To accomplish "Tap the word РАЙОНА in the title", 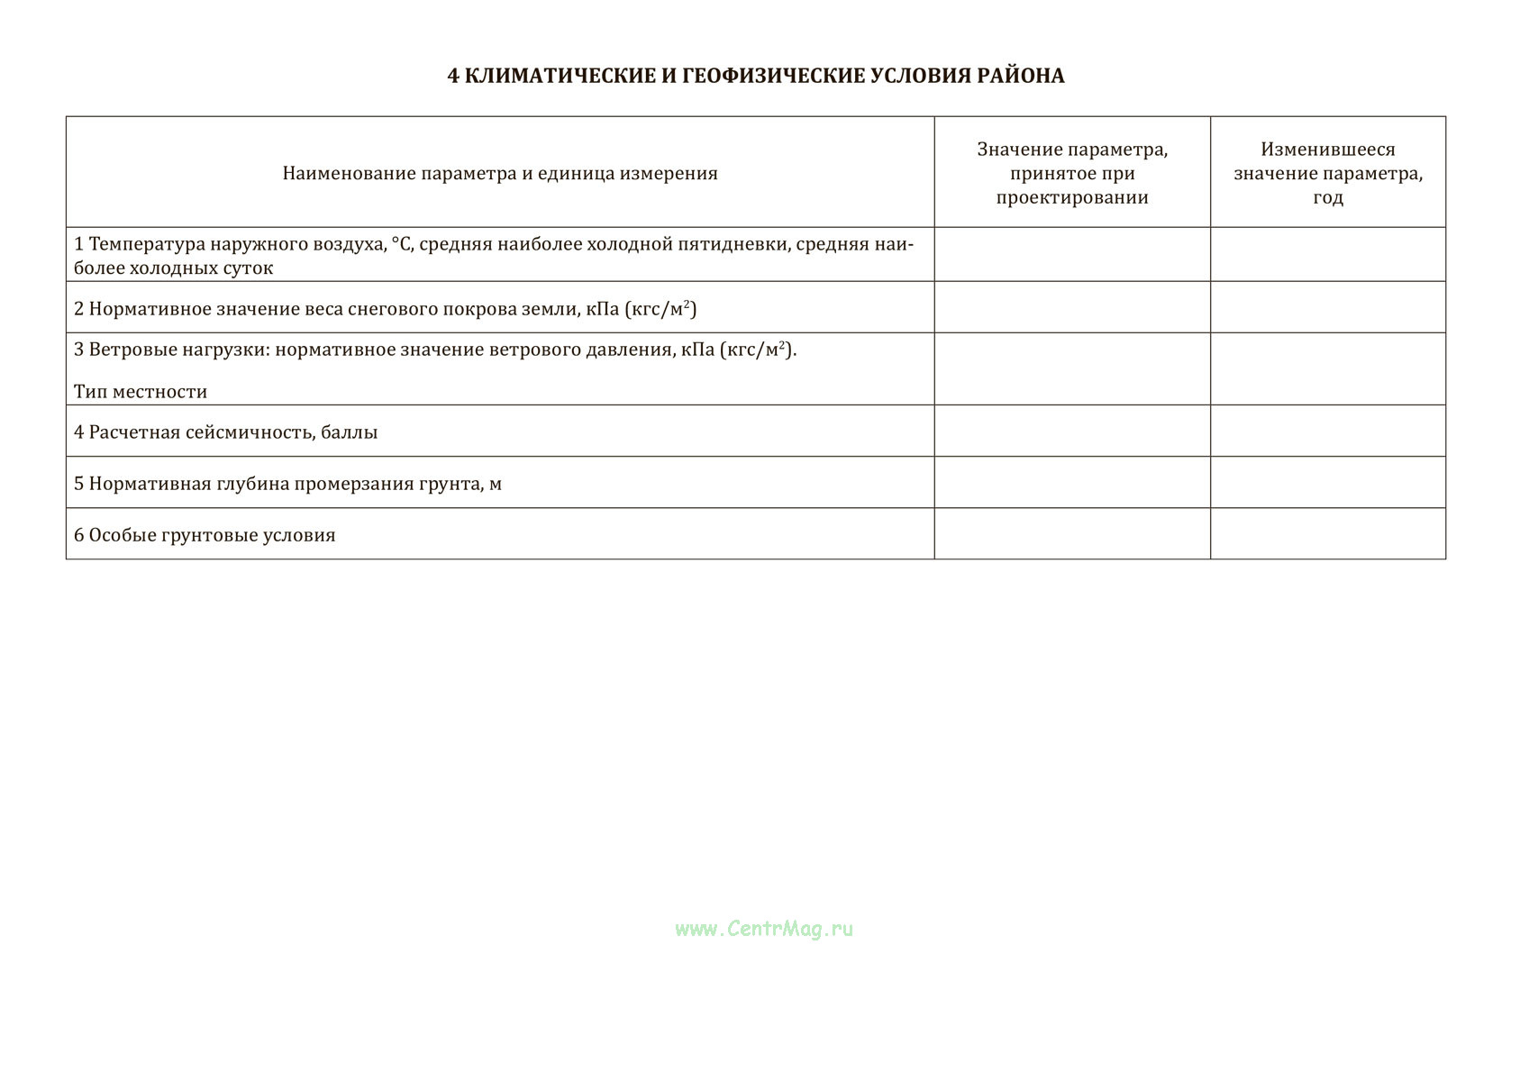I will [1020, 76].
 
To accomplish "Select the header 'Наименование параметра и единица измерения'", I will [500, 173].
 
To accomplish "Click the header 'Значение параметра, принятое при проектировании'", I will [1072, 173].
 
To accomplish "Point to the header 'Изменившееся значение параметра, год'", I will [1327, 173].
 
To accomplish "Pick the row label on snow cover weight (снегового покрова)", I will [386, 309].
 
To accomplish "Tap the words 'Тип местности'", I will [141, 392].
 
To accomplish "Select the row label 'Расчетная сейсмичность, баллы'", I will [226, 432].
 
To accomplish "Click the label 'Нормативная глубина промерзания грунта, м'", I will [287, 484].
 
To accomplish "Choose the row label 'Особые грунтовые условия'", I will [205, 535].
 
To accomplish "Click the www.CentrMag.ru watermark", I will [764, 929].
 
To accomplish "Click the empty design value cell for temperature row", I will [1072, 255].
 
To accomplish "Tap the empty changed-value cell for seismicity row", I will [1327, 431].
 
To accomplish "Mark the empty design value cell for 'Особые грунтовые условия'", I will [1072, 534].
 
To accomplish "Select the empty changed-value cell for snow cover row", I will [1327, 308].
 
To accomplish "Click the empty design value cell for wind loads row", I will [1072, 369].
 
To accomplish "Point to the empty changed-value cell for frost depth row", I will [1327, 483].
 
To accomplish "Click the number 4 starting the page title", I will [453, 76].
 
